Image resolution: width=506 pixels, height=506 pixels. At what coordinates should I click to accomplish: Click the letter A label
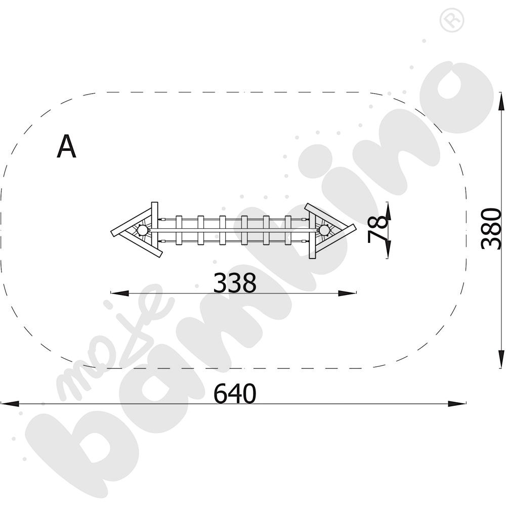pos(66,147)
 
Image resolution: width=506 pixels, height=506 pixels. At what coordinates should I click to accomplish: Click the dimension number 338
pos(235,283)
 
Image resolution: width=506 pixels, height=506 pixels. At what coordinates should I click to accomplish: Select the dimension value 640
pos(235,393)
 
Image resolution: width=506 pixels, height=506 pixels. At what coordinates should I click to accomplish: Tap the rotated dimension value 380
pos(491,228)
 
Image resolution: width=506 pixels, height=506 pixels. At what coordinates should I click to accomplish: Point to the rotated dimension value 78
pos(377,230)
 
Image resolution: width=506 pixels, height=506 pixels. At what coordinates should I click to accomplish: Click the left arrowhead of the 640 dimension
pos(10,403)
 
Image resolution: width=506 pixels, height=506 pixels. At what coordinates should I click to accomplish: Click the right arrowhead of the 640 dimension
pos(456,403)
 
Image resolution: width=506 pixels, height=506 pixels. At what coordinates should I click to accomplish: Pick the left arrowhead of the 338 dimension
pos(120,293)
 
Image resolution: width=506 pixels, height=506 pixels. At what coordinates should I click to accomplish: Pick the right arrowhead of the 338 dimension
pos(347,293)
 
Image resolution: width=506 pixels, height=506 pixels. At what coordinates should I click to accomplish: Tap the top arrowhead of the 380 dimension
pos(501,102)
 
